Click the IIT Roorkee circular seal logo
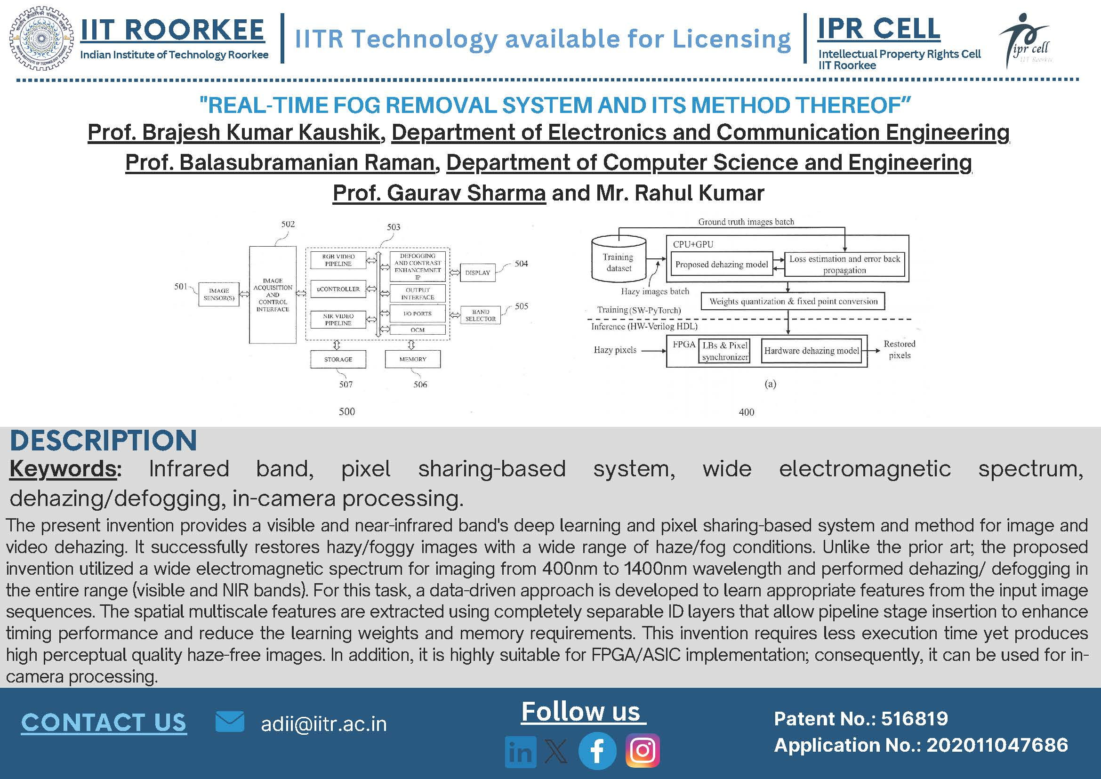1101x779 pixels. [41, 39]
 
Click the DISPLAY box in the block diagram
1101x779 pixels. [477, 273]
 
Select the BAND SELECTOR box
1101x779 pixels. [480, 315]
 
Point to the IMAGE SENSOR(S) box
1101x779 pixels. [219, 294]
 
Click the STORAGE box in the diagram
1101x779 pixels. [338, 359]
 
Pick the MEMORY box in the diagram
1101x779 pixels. [412, 359]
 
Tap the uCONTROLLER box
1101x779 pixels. [338, 289]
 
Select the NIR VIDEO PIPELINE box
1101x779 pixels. [338, 320]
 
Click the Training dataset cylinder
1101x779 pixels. [619, 259]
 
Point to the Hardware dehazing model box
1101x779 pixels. [812, 351]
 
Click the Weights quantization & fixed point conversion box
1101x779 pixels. [793, 301]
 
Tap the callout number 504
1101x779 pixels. [521, 263]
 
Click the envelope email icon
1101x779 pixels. [230, 722]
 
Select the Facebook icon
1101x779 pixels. [597, 751]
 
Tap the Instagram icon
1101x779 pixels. [643, 751]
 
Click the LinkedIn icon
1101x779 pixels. [521, 752]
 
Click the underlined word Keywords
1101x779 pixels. [63, 469]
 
